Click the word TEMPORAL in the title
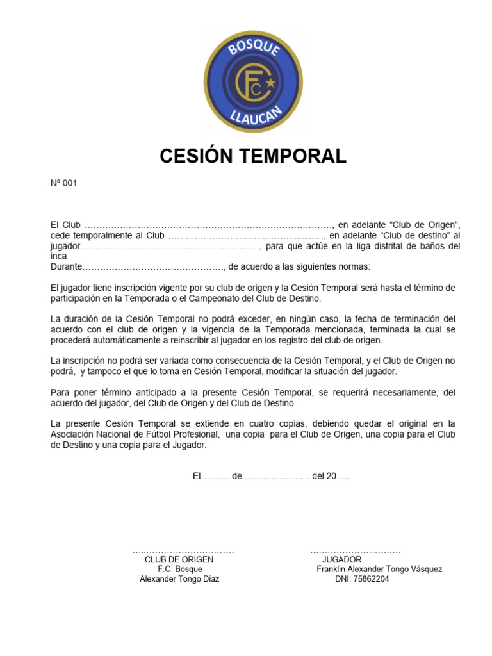tap(300, 156)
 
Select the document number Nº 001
tap(63, 183)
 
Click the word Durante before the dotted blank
tap(66, 266)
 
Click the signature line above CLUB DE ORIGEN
tap(183, 551)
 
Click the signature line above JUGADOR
tap(356, 551)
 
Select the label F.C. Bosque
tap(180, 569)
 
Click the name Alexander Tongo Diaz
tap(179, 579)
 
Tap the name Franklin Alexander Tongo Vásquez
tap(379, 569)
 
